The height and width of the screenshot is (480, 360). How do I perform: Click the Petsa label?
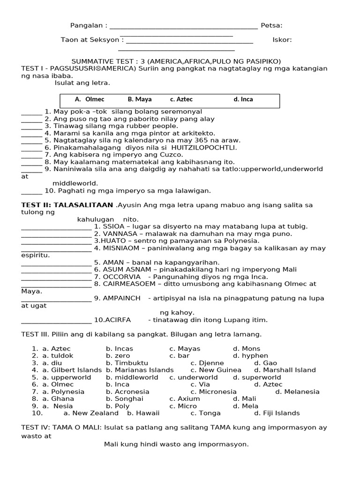[x=271, y=25]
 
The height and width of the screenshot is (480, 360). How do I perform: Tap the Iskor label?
[x=282, y=40]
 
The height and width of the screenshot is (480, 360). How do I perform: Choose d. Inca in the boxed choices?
[x=243, y=99]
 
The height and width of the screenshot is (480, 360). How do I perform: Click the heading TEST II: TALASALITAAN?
[x=67, y=205]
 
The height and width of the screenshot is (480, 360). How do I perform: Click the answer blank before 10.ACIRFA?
[x=56, y=321]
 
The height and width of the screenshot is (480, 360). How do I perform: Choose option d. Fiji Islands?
[x=277, y=413]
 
